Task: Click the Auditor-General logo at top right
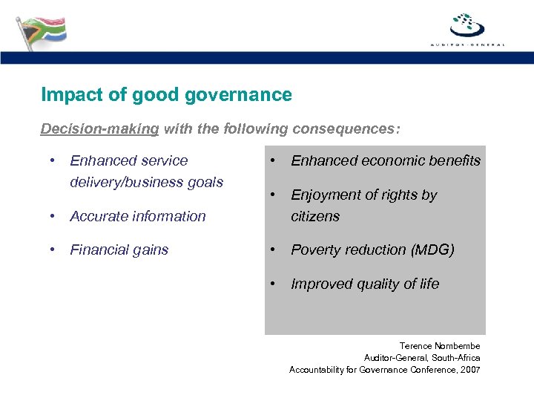(x=467, y=28)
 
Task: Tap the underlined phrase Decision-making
(x=99, y=129)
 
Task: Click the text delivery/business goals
(x=146, y=182)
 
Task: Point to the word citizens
(x=315, y=216)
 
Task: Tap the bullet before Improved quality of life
(x=274, y=284)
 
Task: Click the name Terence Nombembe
(x=440, y=346)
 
